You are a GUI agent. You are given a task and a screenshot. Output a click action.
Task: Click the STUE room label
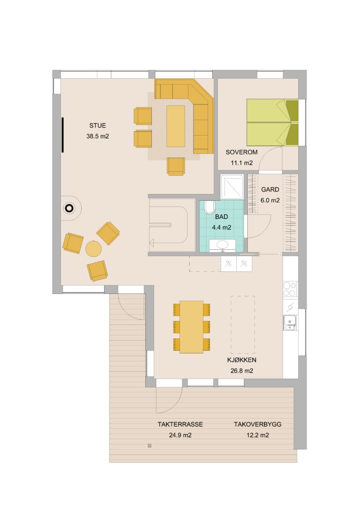pyautogui.click(x=97, y=126)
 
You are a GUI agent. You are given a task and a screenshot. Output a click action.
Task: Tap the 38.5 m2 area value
pyautogui.click(x=97, y=136)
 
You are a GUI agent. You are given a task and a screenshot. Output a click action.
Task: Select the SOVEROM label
pyautogui.click(x=241, y=152)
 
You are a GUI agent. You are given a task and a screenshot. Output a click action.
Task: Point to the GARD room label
pyautogui.click(x=270, y=189)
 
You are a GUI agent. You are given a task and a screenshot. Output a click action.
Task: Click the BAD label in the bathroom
pyautogui.click(x=221, y=217)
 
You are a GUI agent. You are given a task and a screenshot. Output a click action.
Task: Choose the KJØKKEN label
pyautogui.click(x=242, y=360)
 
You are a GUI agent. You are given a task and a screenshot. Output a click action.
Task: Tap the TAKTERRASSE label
pyautogui.click(x=180, y=424)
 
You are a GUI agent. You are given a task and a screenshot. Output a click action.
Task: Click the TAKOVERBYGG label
pyautogui.click(x=258, y=424)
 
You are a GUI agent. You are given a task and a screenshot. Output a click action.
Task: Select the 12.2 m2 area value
pyautogui.click(x=258, y=435)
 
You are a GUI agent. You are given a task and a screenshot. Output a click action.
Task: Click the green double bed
pyautogui.click(x=272, y=122)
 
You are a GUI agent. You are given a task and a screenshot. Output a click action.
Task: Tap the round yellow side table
pyautogui.click(x=93, y=249)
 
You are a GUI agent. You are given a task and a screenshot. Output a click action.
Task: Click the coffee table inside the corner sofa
pyautogui.click(x=176, y=126)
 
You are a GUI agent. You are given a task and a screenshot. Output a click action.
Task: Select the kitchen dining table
pyautogui.click(x=192, y=327)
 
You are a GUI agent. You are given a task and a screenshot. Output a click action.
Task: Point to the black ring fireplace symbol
pyautogui.click(x=69, y=209)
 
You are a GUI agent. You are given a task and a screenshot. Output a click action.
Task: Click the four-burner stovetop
pyautogui.click(x=290, y=289)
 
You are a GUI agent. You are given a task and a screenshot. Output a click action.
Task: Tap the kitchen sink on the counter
pyautogui.click(x=290, y=322)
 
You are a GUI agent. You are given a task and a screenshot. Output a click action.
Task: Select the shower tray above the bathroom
pyautogui.click(x=232, y=187)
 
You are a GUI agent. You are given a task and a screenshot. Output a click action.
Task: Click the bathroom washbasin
pyautogui.click(x=222, y=245)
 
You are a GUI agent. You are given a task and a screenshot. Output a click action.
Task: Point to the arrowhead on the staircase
pyautogui.click(x=151, y=242)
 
